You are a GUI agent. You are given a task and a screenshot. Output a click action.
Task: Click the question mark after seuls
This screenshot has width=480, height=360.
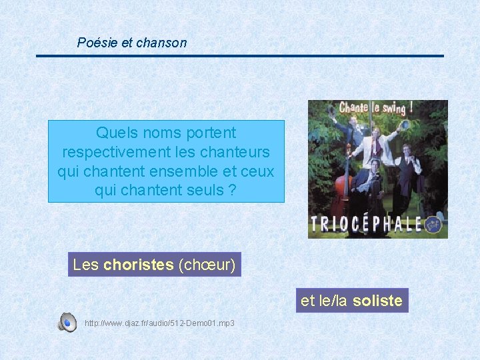[231, 191]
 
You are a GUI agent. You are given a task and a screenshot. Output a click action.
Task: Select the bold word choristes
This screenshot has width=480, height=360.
[138, 265]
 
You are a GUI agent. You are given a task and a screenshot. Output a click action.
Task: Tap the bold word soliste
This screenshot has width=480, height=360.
[377, 301]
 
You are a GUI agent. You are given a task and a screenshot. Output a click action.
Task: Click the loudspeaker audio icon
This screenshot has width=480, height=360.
[67, 322]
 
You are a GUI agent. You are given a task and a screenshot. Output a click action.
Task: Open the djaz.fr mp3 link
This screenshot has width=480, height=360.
[159, 323]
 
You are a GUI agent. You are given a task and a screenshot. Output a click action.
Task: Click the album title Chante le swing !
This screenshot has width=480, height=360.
[376, 107]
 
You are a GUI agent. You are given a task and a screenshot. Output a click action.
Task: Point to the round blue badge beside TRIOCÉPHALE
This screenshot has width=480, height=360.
[434, 224]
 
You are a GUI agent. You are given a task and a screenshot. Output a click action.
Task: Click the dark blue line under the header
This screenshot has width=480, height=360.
[240, 56]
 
